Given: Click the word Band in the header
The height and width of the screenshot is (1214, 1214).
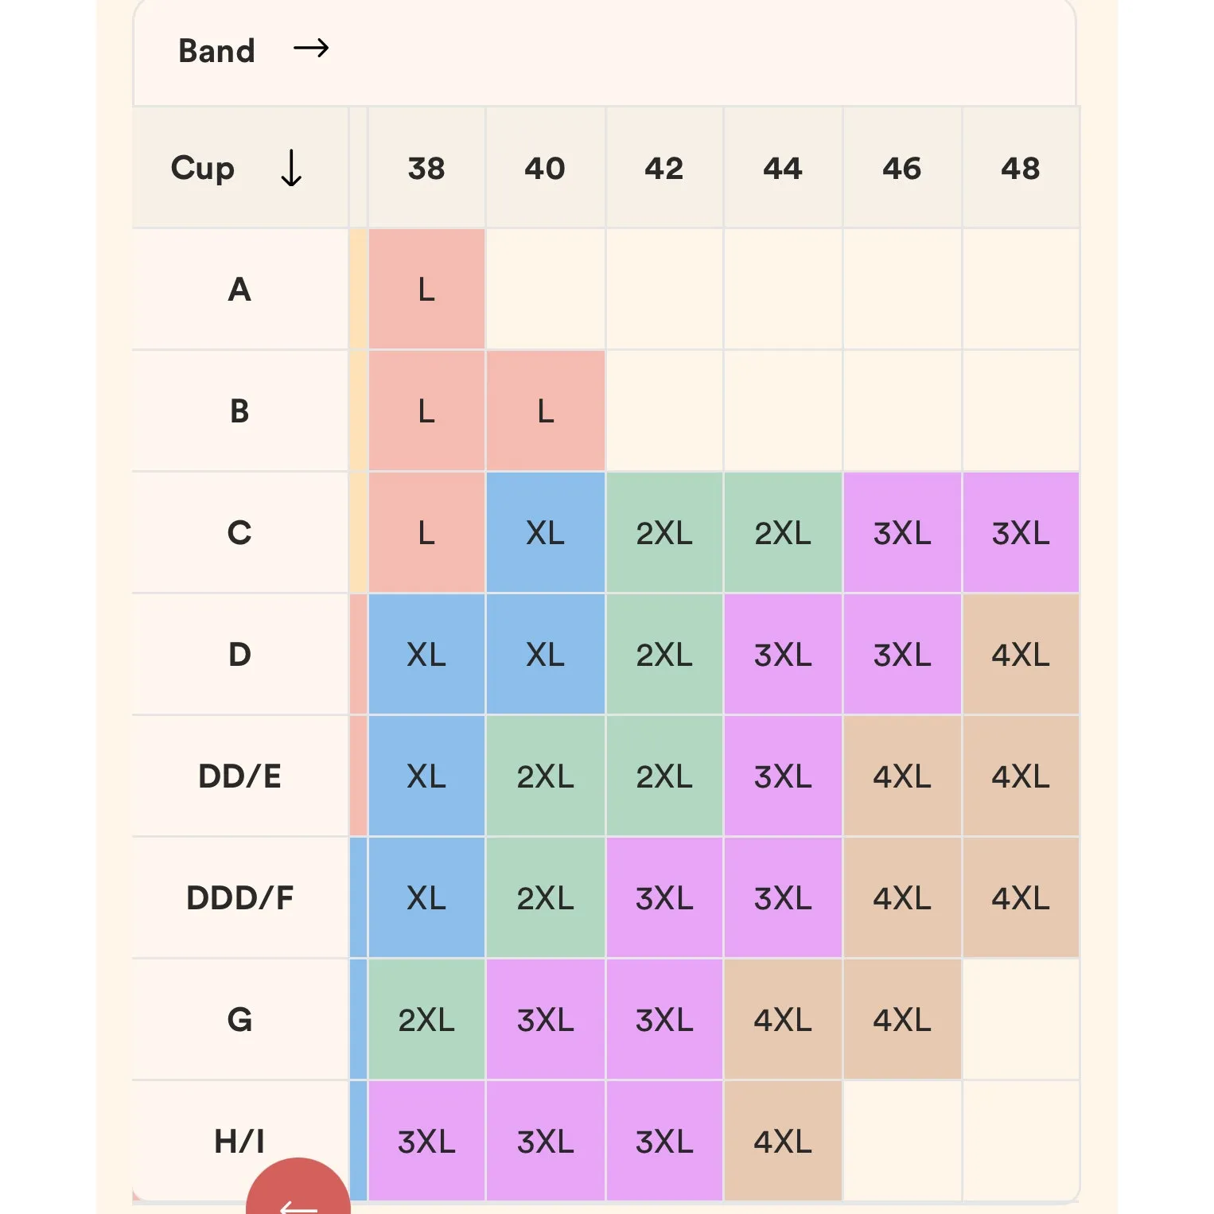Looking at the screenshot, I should (216, 51).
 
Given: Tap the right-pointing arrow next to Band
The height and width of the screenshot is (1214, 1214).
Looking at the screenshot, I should (311, 49).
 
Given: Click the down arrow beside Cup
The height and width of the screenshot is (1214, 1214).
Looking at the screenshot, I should (291, 168).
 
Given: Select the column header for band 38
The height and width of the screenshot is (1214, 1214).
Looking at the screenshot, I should (426, 168).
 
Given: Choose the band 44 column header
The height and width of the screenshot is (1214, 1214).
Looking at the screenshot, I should (783, 168).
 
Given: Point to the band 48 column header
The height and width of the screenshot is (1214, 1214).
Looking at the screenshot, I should (1021, 168).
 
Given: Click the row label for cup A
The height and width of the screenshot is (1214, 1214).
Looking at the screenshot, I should (239, 290).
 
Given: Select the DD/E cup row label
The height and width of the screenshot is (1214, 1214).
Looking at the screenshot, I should (239, 776).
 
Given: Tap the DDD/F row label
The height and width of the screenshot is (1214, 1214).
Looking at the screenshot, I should (239, 898).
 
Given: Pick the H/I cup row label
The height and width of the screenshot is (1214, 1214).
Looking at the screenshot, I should (239, 1141).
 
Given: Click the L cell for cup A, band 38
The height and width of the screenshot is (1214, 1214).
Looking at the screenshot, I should (426, 290).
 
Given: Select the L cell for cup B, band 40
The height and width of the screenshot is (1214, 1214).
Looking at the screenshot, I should (546, 411).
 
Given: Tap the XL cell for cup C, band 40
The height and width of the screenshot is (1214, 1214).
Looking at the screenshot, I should (546, 533).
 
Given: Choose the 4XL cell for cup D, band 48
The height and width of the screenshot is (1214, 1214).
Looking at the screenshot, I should (1021, 655).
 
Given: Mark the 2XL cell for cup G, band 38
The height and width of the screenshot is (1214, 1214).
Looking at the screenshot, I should (426, 1020).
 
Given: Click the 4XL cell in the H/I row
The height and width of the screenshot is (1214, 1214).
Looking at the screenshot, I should (783, 1142).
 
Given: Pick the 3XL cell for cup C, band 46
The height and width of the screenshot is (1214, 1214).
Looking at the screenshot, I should (902, 533).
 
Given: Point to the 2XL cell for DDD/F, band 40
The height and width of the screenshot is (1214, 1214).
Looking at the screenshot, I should (546, 898).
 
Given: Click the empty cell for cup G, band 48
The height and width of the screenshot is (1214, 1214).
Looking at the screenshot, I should (1021, 1020).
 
